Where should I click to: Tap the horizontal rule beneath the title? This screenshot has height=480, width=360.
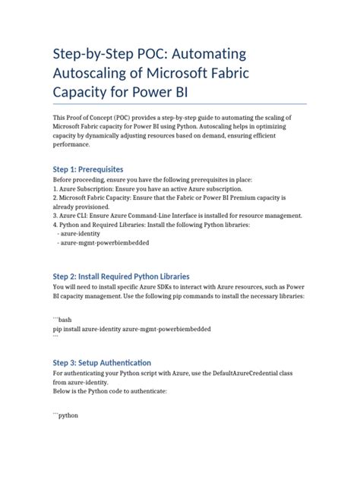click(x=179, y=103)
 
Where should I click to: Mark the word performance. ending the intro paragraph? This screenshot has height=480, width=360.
click(x=74, y=146)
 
